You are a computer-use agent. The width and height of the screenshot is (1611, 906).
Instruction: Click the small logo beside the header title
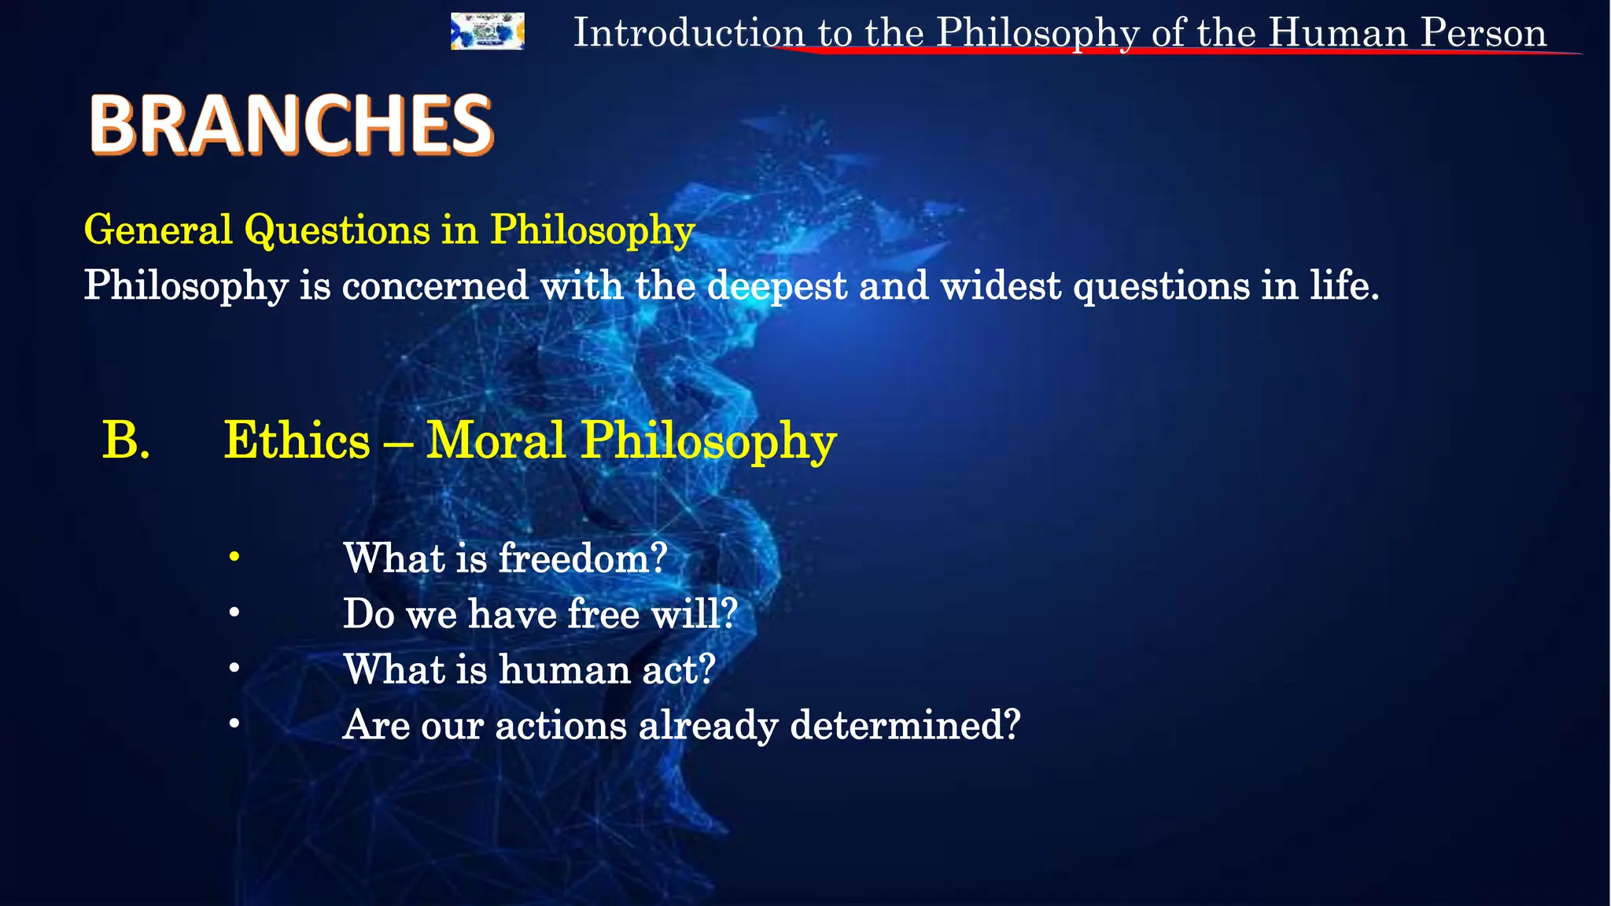487,31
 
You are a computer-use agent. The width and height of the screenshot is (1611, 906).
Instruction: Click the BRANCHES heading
291,124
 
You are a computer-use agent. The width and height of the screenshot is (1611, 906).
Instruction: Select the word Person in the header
1484,33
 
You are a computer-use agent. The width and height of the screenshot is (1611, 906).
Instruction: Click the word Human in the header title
1338,33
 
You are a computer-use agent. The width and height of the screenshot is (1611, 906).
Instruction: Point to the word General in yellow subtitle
158,230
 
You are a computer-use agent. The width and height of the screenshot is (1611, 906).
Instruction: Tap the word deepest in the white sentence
776,285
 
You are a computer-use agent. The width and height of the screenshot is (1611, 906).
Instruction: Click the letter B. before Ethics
126,440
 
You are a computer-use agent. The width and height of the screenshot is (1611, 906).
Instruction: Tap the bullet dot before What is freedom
234,558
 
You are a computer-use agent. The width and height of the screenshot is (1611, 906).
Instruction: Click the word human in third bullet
564,669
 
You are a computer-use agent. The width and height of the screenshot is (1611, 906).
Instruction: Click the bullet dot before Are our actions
234,724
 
